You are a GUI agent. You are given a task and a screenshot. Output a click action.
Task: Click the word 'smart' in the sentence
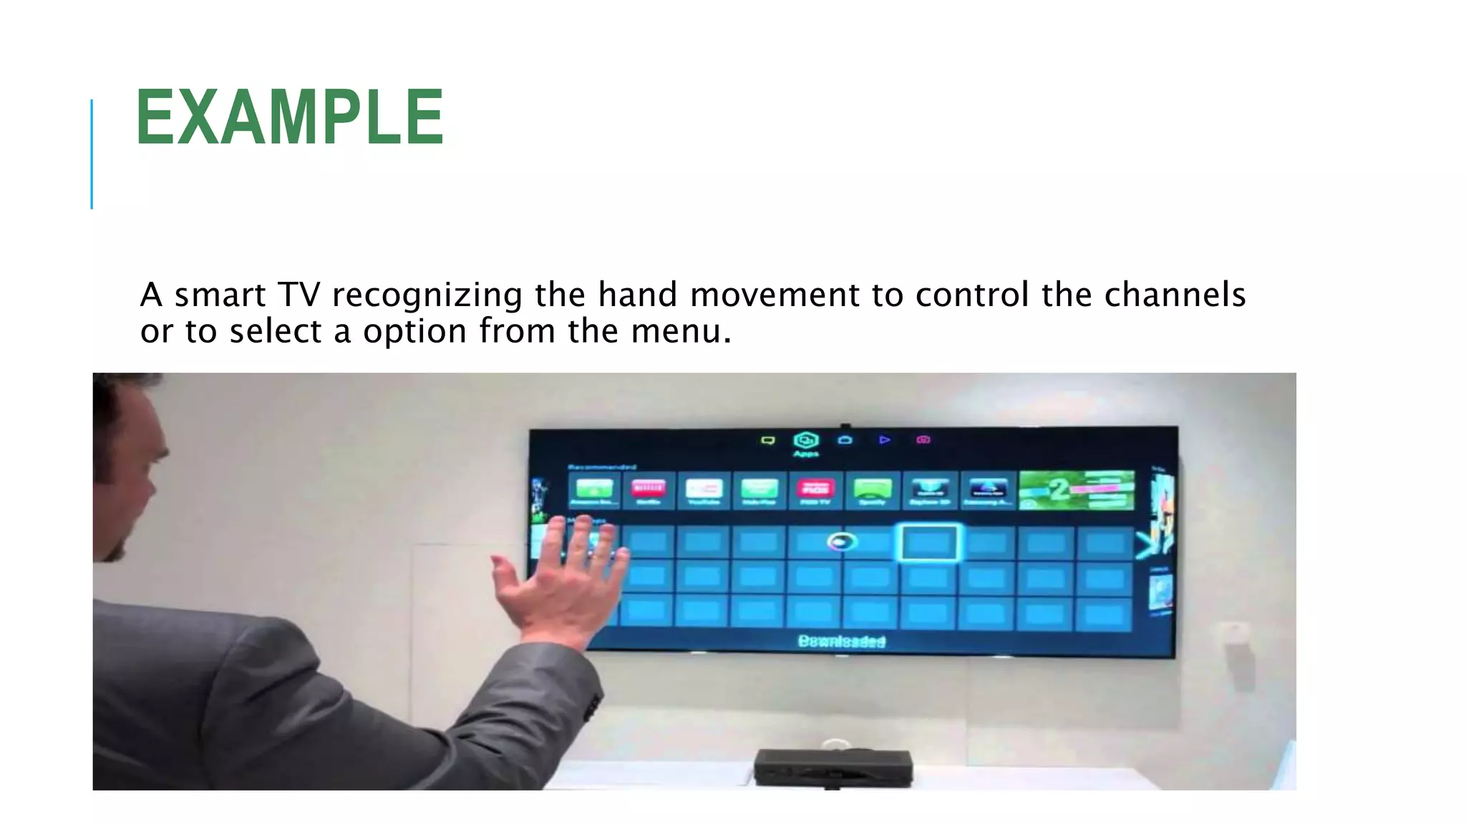click(x=220, y=295)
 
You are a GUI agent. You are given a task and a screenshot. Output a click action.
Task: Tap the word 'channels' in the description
click(x=1175, y=295)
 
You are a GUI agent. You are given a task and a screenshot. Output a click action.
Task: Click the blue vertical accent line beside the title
click(x=92, y=154)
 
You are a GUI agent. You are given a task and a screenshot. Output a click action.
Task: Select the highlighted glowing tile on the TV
click(x=928, y=543)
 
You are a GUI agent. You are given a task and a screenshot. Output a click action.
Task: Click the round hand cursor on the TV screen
click(x=842, y=541)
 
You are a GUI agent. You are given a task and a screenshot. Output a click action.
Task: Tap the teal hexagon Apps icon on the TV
click(x=806, y=441)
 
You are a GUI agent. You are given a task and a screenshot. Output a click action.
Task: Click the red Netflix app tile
click(x=649, y=489)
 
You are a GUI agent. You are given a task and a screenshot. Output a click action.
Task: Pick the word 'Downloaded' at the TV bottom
click(x=842, y=642)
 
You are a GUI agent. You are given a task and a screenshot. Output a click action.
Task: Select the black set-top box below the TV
click(x=833, y=767)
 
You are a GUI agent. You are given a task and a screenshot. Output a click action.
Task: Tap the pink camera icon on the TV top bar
click(x=923, y=440)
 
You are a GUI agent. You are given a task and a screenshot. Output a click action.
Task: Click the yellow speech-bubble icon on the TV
click(x=767, y=441)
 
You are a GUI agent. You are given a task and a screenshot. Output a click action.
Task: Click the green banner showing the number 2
click(x=1077, y=490)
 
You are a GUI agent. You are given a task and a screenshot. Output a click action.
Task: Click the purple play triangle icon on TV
click(x=885, y=440)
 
